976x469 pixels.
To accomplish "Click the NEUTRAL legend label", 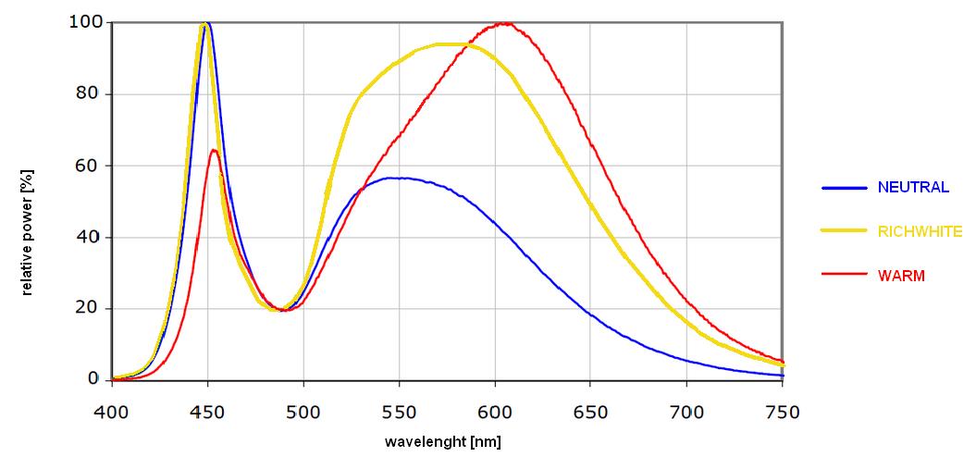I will [913, 188].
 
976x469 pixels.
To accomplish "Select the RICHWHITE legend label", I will [920, 231].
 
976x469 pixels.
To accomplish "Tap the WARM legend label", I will [901, 276].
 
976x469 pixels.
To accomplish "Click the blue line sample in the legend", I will [844, 188].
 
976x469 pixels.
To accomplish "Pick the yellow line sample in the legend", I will [844, 231].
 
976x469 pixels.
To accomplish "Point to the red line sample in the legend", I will [844, 276].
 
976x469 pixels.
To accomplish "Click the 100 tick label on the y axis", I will [85, 21].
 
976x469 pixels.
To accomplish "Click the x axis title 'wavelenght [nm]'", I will [443, 441].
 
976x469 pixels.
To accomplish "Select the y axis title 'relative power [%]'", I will [27, 230].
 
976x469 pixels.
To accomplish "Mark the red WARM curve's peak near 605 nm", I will [504, 23].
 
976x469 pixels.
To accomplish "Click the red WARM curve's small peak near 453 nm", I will [214, 150].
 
